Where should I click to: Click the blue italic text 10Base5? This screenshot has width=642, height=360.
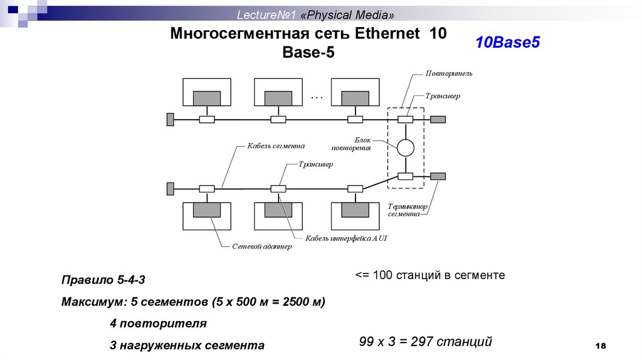[x=507, y=43]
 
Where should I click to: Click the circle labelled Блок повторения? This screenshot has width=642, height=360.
[x=406, y=147]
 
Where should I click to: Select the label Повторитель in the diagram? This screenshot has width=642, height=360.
[x=449, y=73]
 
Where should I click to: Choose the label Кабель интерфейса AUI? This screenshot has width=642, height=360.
[x=346, y=238]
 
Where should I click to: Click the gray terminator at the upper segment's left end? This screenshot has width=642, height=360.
[x=170, y=119]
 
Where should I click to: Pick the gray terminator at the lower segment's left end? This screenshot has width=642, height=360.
[x=170, y=188]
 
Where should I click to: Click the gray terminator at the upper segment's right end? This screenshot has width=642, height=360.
[x=438, y=119]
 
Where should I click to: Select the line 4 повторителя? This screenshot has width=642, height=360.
[x=157, y=324]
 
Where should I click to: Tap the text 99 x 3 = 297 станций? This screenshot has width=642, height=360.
[x=426, y=342]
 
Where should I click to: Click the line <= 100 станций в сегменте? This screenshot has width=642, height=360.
[x=430, y=275]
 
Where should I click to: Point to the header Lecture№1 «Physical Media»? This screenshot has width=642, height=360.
[x=315, y=14]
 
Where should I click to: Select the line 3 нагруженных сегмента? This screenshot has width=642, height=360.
[x=186, y=346]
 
